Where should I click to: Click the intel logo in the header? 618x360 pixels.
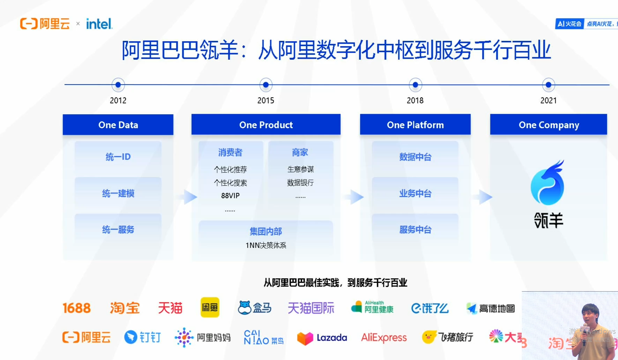(x=99, y=24)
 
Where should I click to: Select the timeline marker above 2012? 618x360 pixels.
(x=118, y=85)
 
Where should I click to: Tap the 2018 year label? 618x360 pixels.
(x=415, y=101)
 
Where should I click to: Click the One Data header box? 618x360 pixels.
(x=118, y=125)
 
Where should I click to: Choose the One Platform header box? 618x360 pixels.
(x=415, y=125)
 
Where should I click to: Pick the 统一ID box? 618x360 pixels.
(x=118, y=157)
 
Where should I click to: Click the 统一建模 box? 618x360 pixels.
(x=118, y=193)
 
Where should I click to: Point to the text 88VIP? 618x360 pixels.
(x=230, y=196)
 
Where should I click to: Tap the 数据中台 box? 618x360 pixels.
(x=415, y=157)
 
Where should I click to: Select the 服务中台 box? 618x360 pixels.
(x=415, y=229)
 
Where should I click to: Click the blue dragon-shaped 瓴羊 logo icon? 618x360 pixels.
(x=548, y=183)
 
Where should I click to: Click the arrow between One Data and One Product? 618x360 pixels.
(x=190, y=197)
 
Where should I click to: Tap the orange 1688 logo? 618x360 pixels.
(x=76, y=308)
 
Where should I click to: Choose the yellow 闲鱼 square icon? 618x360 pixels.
(x=210, y=307)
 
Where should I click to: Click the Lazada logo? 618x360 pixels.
(x=322, y=338)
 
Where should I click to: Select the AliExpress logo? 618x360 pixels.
(x=384, y=338)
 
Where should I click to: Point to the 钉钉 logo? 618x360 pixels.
(x=142, y=337)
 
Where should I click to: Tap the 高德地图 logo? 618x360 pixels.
(x=490, y=308)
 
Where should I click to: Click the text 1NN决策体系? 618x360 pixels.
(x=266, y=245)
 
